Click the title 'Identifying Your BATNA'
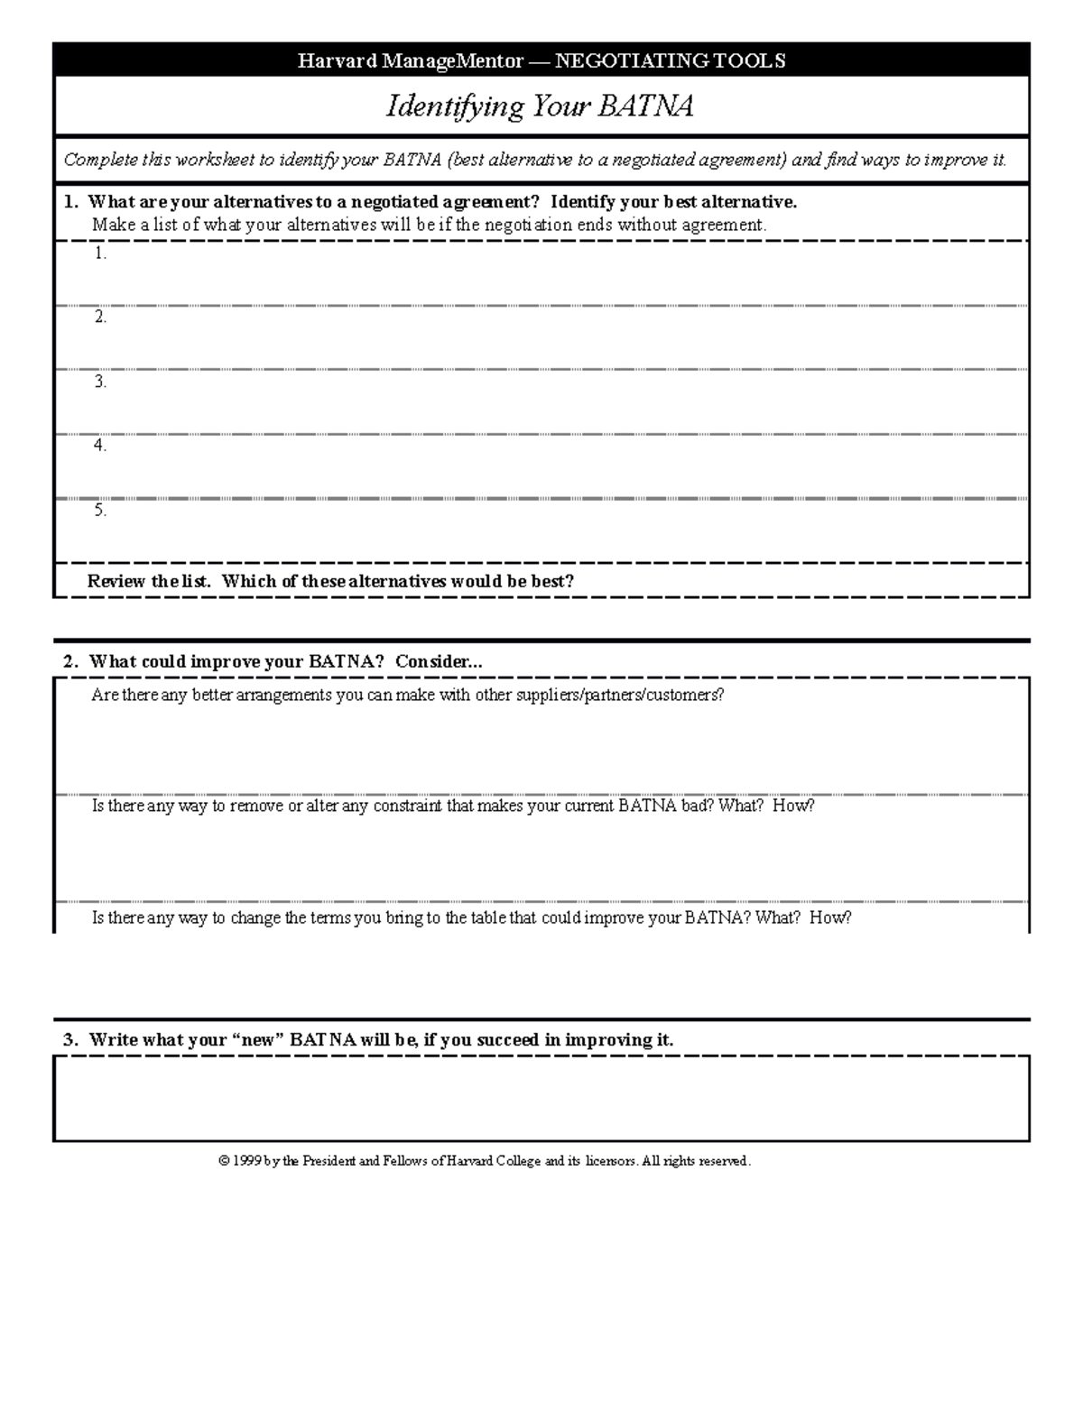(541, 106)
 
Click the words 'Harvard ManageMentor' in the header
(411, 60)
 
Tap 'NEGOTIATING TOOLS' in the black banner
(670, 60)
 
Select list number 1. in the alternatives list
(100, 253)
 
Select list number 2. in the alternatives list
(100, 318)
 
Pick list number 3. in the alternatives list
(100, 382)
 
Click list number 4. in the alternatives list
(100, 446)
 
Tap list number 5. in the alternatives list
(100, 510)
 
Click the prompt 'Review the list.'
(149, 582)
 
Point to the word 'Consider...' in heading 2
(439, 661)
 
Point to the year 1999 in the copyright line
(246, 1161)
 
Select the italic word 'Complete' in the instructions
(100, 161)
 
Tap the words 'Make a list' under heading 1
(134, 226)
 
